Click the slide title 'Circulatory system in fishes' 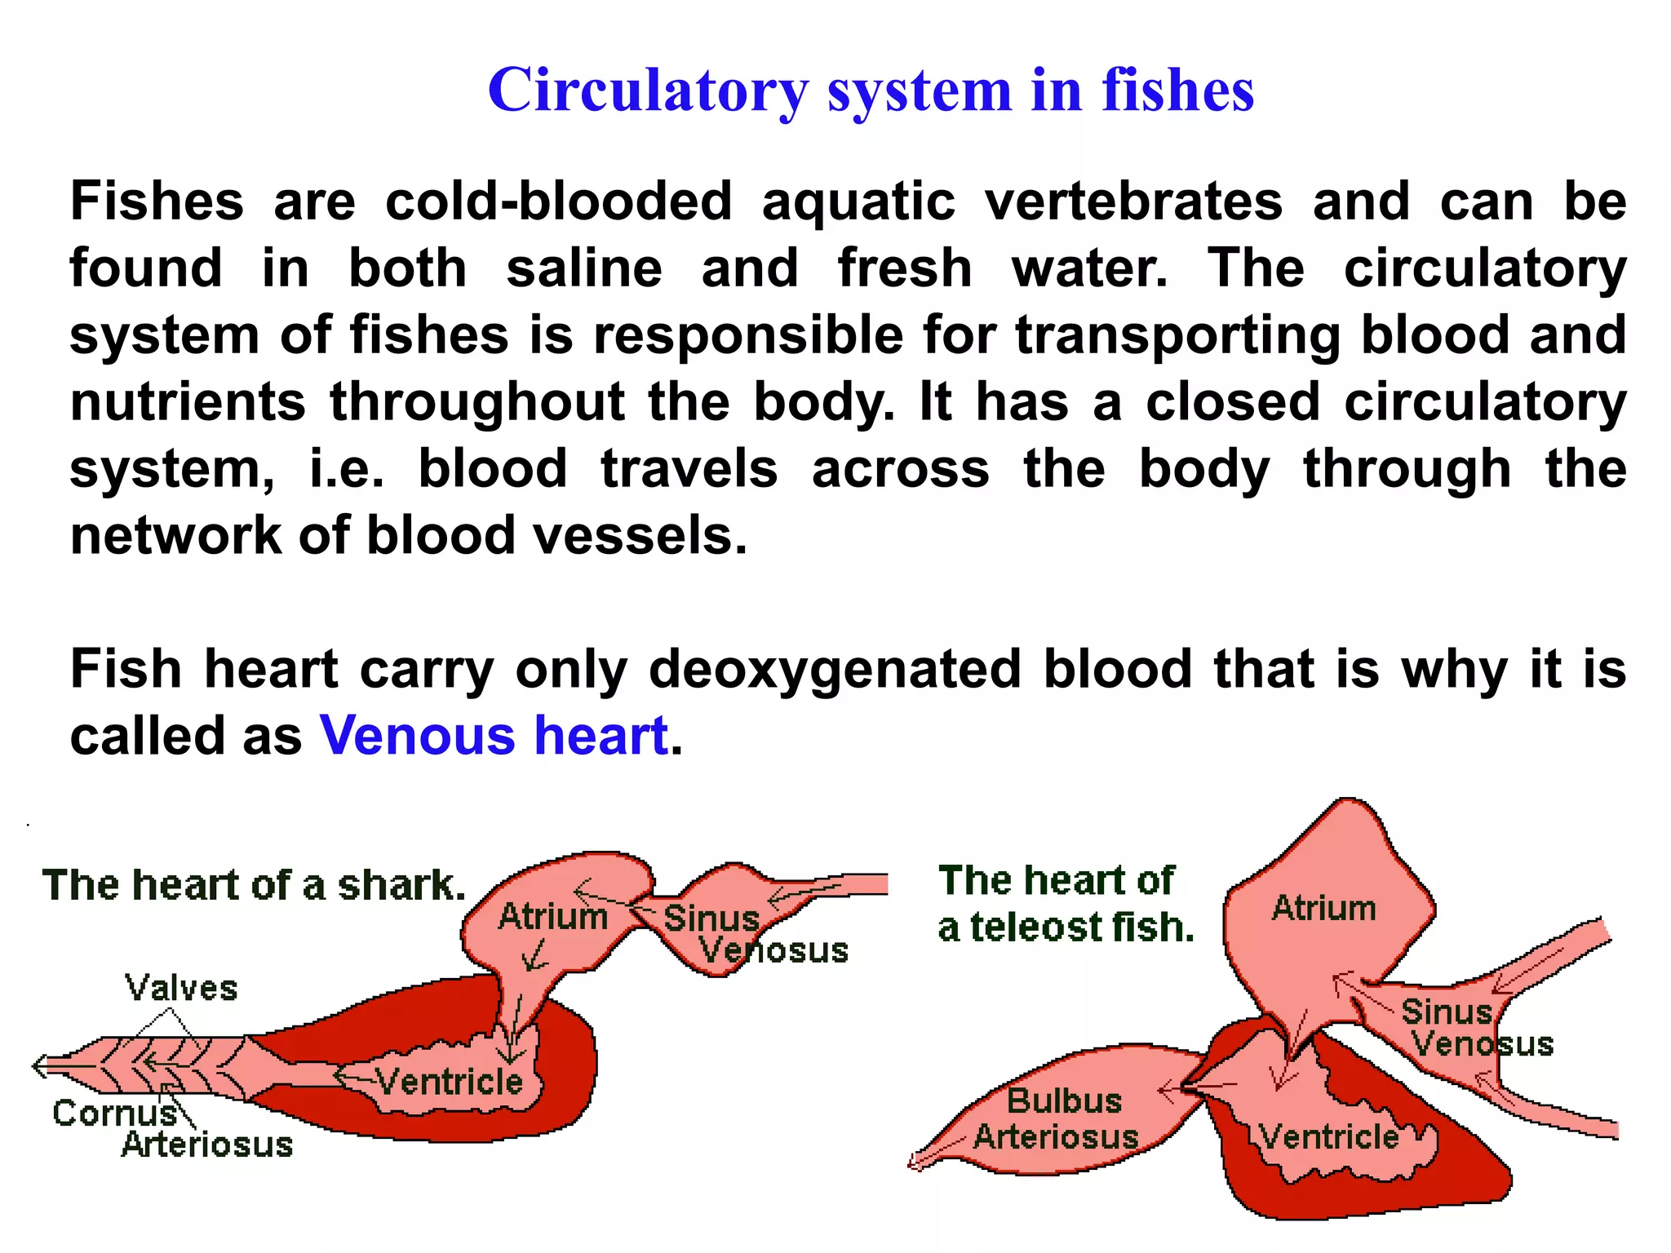point(870,90)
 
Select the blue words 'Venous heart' point(494,735)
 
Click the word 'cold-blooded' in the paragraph point(558,201)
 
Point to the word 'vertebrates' point(1133,201)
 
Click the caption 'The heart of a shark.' point(254,885)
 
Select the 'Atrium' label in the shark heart point(553,917)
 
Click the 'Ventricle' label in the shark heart point(449,1082)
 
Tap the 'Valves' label point(181,989)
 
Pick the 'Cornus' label point(114,1113)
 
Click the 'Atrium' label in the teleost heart point(1323,908)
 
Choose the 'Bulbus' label point(1064,1101)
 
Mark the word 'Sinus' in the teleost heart point(1446,1012)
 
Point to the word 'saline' point(583,268)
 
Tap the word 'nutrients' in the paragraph point(188,402)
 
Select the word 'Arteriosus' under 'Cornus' point(207,1145)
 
